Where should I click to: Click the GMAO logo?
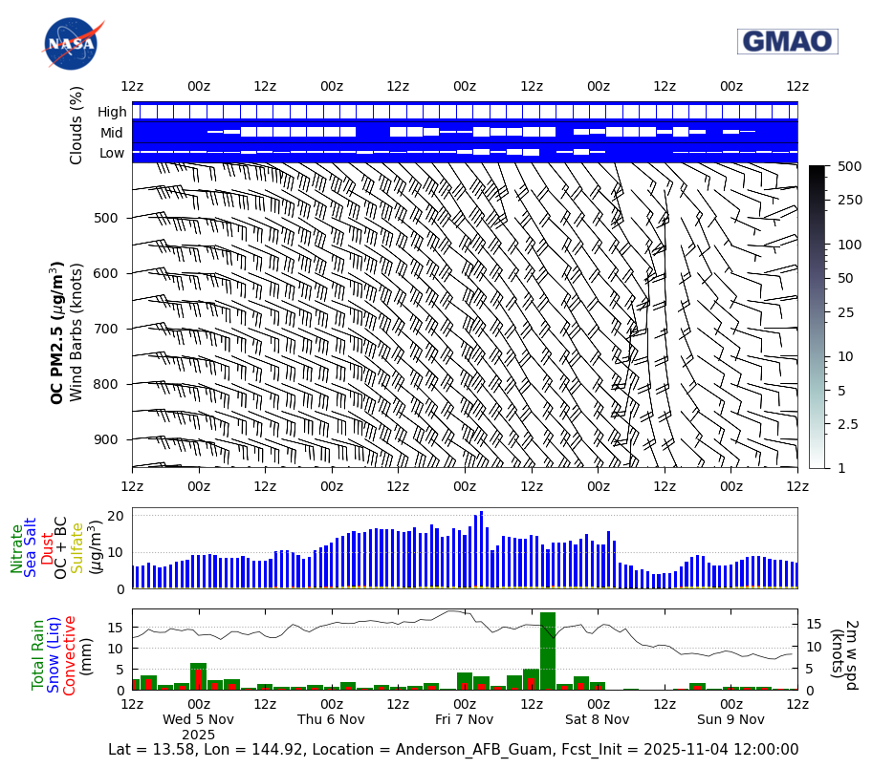coord(787,41)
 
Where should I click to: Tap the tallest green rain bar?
coord(548,651)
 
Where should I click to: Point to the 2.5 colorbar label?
coord(847,424)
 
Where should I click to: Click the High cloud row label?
coord(111,112)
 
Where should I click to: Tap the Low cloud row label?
coord(112,153)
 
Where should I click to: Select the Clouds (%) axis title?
coord(76,124)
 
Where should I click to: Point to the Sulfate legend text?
coord(76,547)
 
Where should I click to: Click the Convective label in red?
coord(70,654)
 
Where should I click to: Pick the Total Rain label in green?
coord(38,654)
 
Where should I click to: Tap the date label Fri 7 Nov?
coord(464,719)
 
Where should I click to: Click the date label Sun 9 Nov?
coord(730,719)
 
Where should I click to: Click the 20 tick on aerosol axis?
coord(115,516)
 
